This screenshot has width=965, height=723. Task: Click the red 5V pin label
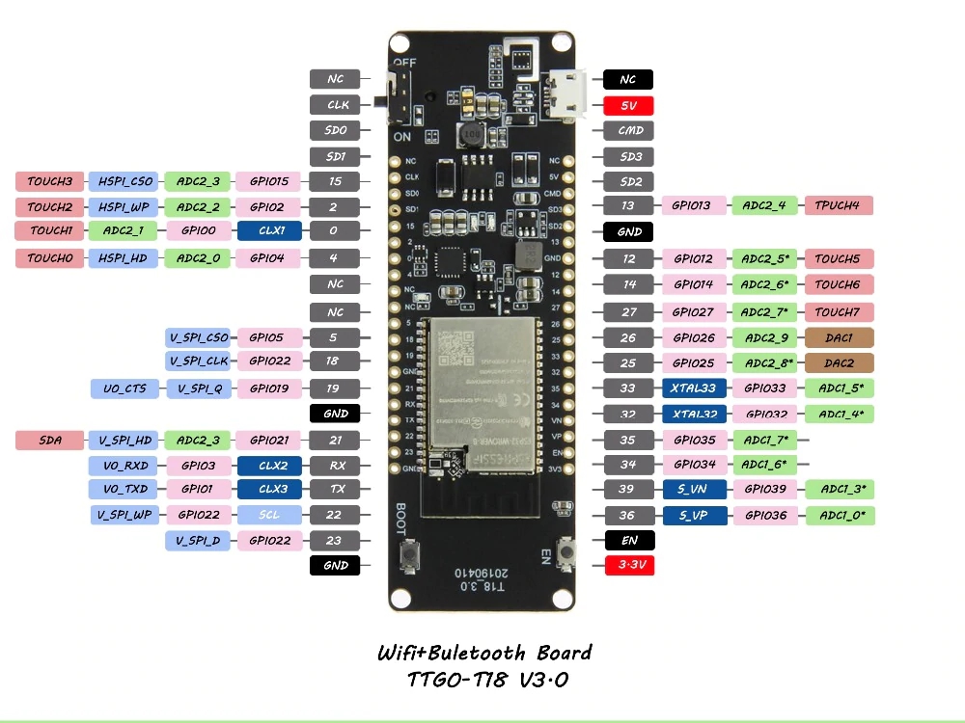coord(628,105)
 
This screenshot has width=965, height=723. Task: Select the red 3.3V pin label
coord(628,566)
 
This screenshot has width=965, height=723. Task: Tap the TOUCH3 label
coord(49,181)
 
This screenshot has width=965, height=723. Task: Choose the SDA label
coord(49,441)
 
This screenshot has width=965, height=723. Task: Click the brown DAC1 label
coord(839,338)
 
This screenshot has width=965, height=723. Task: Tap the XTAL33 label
coord(694,388)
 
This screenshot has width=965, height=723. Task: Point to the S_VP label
coord(694,516)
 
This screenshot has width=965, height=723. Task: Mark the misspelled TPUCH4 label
coord(839,205)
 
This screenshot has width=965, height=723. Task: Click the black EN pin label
coord(628,541)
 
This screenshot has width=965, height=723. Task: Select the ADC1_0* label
coord(839,516)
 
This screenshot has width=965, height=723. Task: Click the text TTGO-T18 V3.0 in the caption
coord(485,680)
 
